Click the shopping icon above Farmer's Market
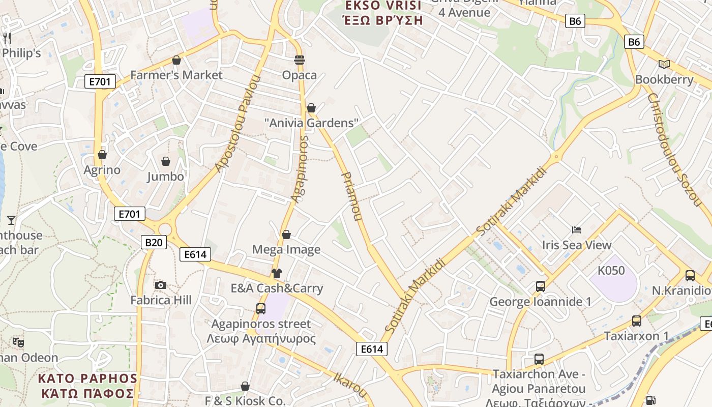click(x=176, y=60)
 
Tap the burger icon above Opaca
click(x=300, y=60)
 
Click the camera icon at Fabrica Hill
click(x=161, y=285)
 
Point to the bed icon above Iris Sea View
click(x=577, y=230)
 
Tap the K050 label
click(x=611, y=271)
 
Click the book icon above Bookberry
click(x=664, y=64)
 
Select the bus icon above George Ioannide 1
click(x=541, y=286)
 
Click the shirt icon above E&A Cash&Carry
click(x=276, y=273)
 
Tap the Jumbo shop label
click(x=165, y=177)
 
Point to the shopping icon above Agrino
click(x=102, y=155)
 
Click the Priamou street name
click(x=351, y=196)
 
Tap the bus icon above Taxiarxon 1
click(x=636, y=321)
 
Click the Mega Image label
click(x=286, y=249)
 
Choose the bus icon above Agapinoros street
click(x=260, y=308)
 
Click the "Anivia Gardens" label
click(x=311, y=123)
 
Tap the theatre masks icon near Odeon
click(x=18, y=342)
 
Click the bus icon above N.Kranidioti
click(x=690, y=276)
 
